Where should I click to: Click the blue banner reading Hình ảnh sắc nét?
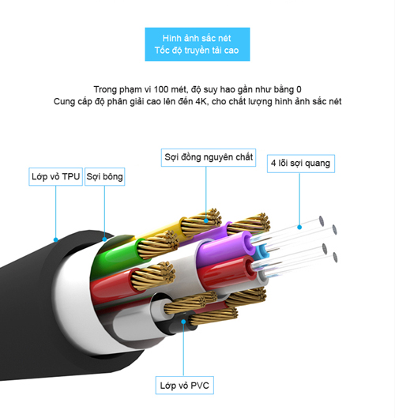click(x=197, y=44)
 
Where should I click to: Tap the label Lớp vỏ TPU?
click(x=56, y=176)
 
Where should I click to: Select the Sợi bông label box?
click(x=105, y=176)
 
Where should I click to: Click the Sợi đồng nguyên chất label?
click(x=209, y=157)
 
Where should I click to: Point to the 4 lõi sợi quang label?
click(x=301, y=164)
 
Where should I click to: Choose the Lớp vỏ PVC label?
click(x=184, y=386)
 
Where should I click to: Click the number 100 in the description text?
click(x=160, y=89)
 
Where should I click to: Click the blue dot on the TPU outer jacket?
click(x=56, y=239)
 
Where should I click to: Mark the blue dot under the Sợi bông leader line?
click(x=105, y=239)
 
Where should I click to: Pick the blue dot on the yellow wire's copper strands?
click(x=206, y=220)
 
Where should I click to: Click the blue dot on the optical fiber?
click(x=299, y=227)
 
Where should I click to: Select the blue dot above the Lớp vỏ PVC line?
click(x=183, y=322)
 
